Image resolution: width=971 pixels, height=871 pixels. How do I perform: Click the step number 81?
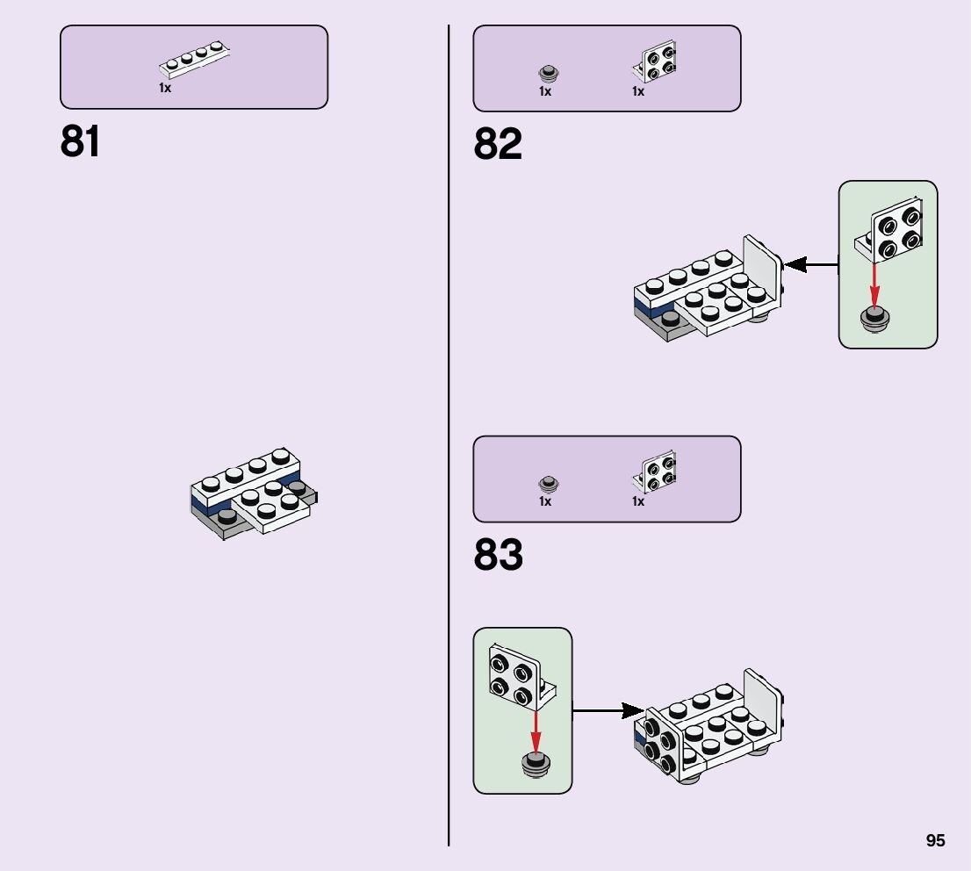point(80,142)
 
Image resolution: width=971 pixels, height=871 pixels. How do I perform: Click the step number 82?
point(498,145)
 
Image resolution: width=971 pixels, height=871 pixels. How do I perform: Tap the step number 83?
point(498,556)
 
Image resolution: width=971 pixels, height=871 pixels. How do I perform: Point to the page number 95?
point(935,840)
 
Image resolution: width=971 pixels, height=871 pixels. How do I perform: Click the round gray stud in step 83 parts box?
point(548,483)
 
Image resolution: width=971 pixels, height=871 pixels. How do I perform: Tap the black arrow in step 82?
point(809,263)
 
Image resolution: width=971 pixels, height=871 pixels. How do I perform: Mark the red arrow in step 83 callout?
point(535,730)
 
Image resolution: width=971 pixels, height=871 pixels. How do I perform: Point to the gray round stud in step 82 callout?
point(874,320)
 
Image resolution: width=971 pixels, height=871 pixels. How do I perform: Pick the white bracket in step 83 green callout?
point(515,679)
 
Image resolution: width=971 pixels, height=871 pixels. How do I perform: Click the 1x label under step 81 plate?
point(164,89)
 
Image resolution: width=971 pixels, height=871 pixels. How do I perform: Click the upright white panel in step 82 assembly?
point(762,267)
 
